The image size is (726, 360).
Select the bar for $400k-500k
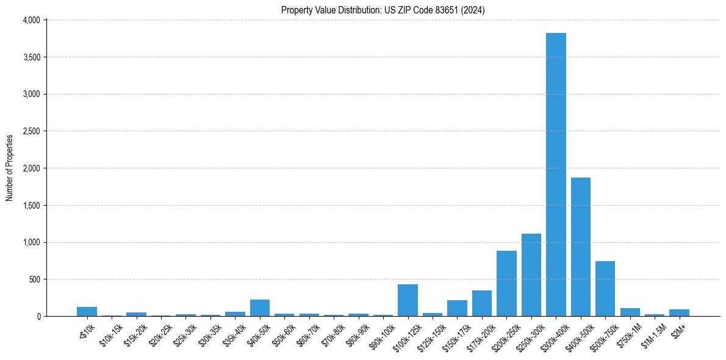tap(580, 247)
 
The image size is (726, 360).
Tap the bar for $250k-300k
tap(531, 275)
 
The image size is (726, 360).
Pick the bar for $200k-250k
tap(506, 284)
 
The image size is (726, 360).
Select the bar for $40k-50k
tap(260, 308)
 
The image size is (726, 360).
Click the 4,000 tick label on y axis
tap(31, 20)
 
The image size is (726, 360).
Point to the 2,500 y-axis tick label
tap(31, 131)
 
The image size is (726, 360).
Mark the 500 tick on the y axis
tap(34, 279)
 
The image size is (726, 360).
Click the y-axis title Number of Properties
tap(9, 168)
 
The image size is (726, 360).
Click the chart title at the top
tap(383, 10)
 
